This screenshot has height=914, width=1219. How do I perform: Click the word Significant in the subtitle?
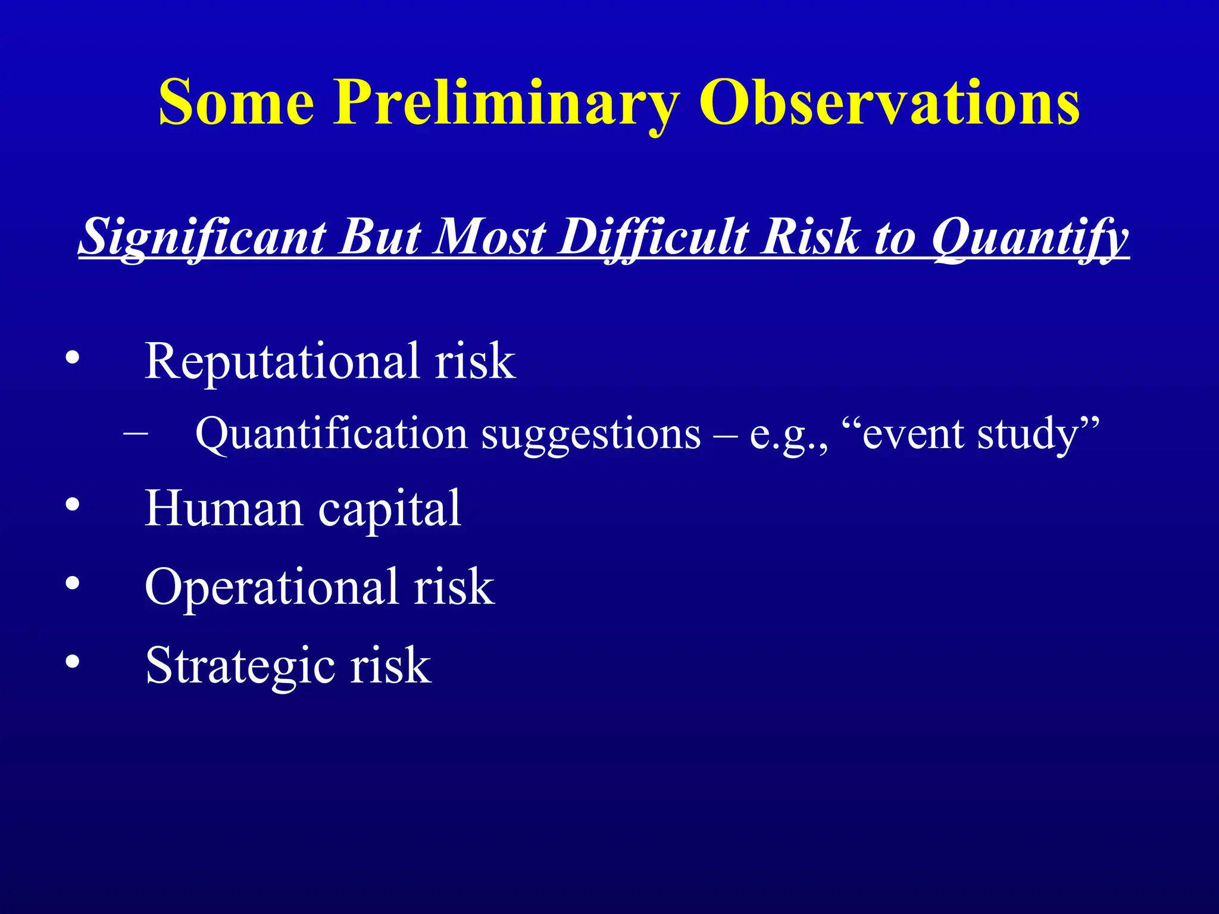tap(202, 237)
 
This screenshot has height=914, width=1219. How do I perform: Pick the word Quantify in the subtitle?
tap(1029, 237)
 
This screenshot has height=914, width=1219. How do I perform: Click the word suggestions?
tap(590, 434)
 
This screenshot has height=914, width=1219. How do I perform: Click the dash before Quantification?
tap(136, 433)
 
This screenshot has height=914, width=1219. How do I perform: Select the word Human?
tap(224, 508)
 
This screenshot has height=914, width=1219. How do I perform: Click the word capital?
tap(389, 509)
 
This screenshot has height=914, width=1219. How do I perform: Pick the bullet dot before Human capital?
tap(72, 505)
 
